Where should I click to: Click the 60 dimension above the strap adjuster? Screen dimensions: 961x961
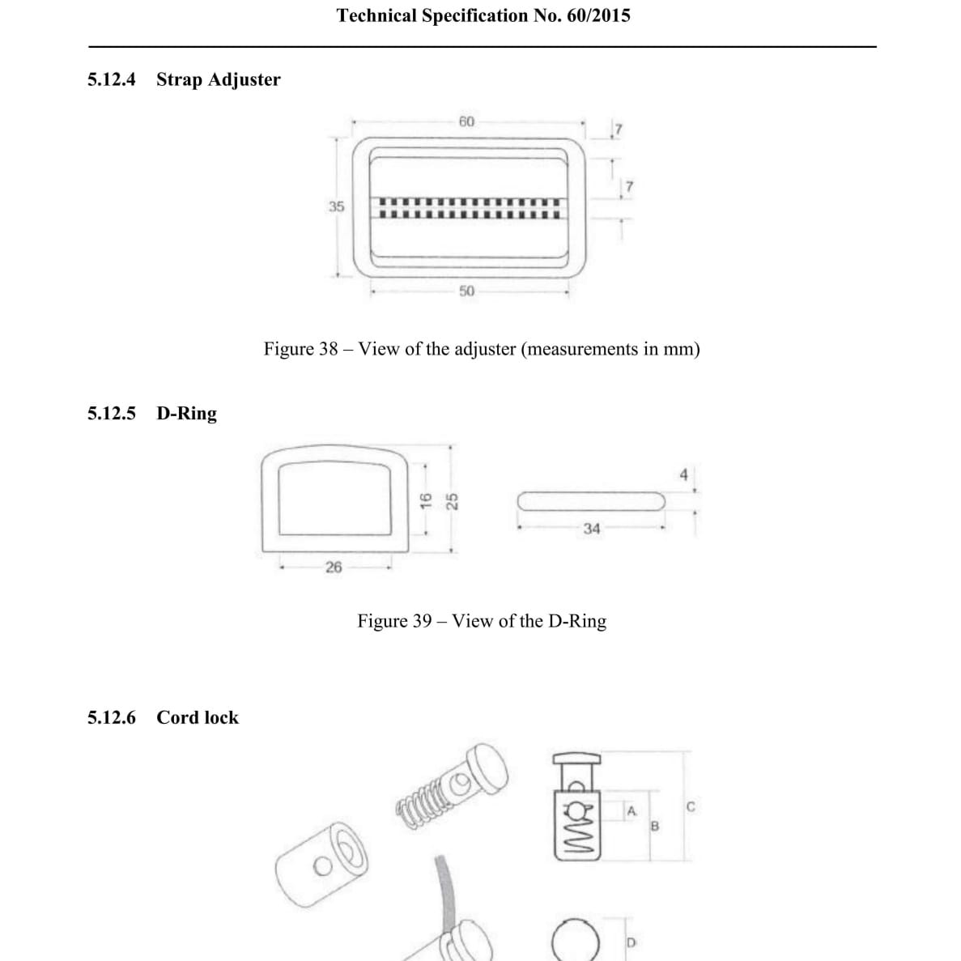(x=466, y=121)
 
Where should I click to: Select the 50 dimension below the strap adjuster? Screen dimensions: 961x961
(x=466, y=291)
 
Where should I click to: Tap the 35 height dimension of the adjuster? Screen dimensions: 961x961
(x=337, y=206)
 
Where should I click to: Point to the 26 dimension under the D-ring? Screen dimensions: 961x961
(x=334, y=567)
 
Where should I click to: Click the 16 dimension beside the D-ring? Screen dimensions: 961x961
(x=426, y=500)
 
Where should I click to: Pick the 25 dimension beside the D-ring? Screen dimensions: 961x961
(x=452, y=501)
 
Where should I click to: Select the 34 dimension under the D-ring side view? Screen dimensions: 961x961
(x=592, y=529)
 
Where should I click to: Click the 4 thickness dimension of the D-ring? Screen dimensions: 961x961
(x=684, y=474)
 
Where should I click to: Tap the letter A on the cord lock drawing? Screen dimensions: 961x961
(x=631, y=811)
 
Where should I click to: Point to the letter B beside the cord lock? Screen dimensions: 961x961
(x=654, y=826)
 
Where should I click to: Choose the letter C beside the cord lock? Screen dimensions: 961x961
(x=691, y=806)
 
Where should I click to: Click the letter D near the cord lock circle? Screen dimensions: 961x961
(x=631, y=942)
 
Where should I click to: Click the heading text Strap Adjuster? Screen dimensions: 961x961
(x=218, y=79)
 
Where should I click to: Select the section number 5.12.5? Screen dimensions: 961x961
(x=112, y=413)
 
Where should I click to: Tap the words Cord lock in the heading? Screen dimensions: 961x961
(x=198, y=717)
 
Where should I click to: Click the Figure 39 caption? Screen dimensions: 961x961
(x=482, y=621)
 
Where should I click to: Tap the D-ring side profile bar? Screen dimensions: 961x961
(x=591, y=501)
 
